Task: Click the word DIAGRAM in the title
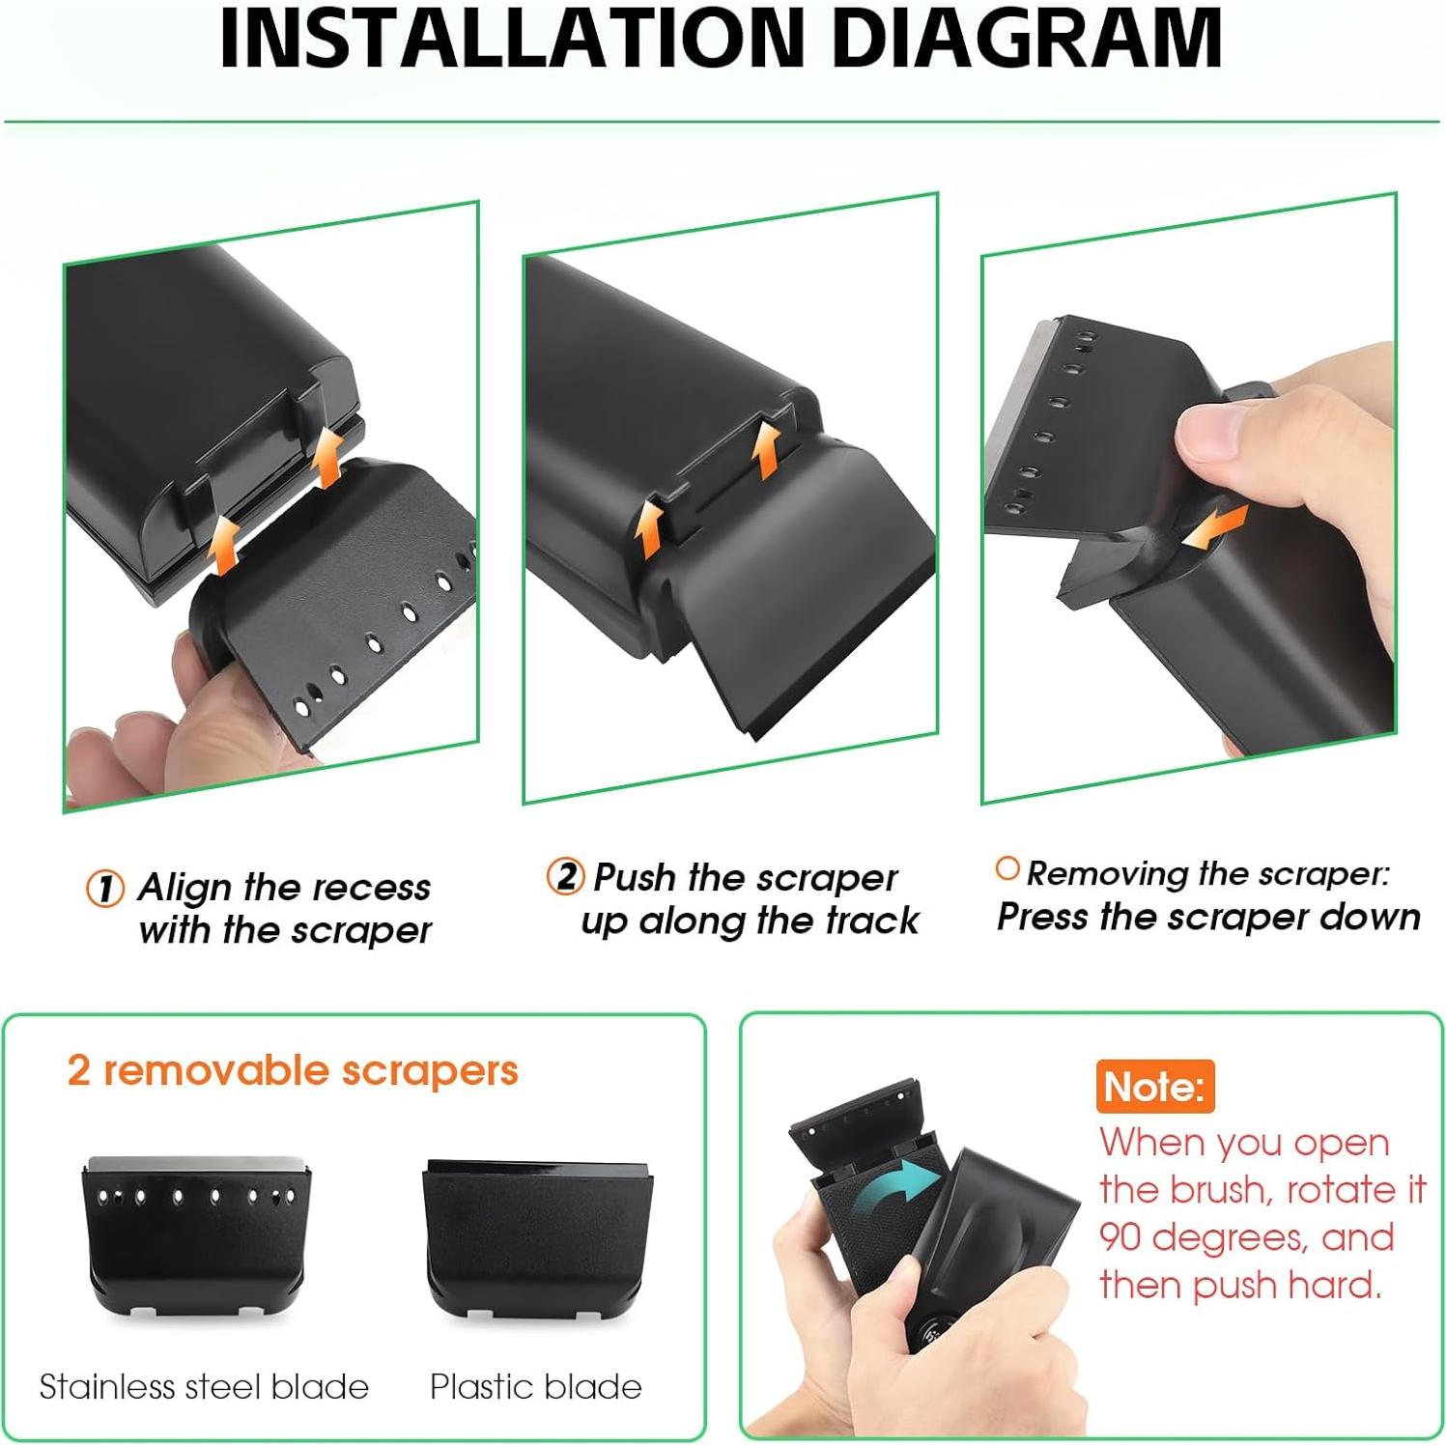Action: click(x=1026, y=39)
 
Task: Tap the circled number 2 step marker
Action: click(x=565, y=877)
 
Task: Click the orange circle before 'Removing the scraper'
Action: click(x=1007, y=869)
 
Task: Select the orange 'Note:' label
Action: click(x=1154, y=1087)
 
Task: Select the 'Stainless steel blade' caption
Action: click(x=204, y=1387)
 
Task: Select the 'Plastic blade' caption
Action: click(x=536, y=1387)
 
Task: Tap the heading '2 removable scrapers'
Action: click(x=293, y=1070)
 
